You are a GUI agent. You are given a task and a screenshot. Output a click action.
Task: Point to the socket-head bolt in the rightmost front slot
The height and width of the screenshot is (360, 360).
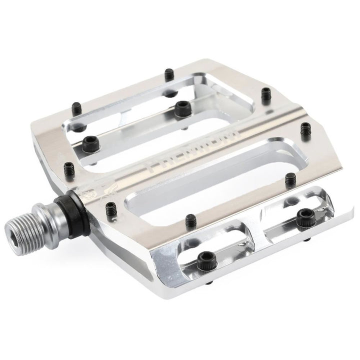click(x=304, y=215)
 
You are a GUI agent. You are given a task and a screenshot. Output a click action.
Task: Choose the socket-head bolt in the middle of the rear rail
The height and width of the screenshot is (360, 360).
click(x=181, y=107)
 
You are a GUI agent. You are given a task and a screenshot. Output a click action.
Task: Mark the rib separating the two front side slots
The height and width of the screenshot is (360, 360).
click(x=250, y=235)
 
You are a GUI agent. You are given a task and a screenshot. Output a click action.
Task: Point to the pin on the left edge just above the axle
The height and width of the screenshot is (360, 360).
click(x=69, y=165)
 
